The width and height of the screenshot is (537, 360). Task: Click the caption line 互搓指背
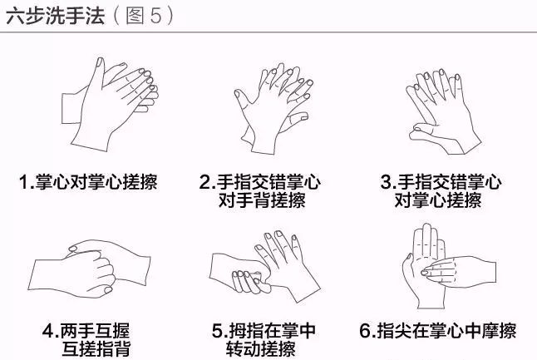tap(96, 348)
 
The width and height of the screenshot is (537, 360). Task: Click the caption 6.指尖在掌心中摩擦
tap(438, 331)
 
